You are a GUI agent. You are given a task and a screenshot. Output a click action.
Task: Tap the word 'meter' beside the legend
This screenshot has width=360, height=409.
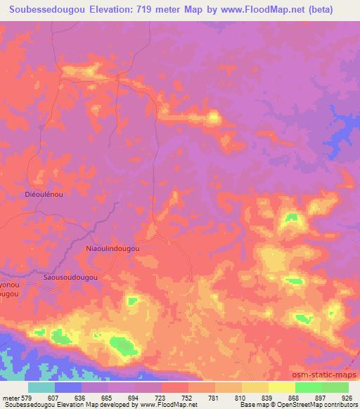11,397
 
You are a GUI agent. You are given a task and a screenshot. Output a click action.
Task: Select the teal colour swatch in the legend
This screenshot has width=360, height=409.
41,387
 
